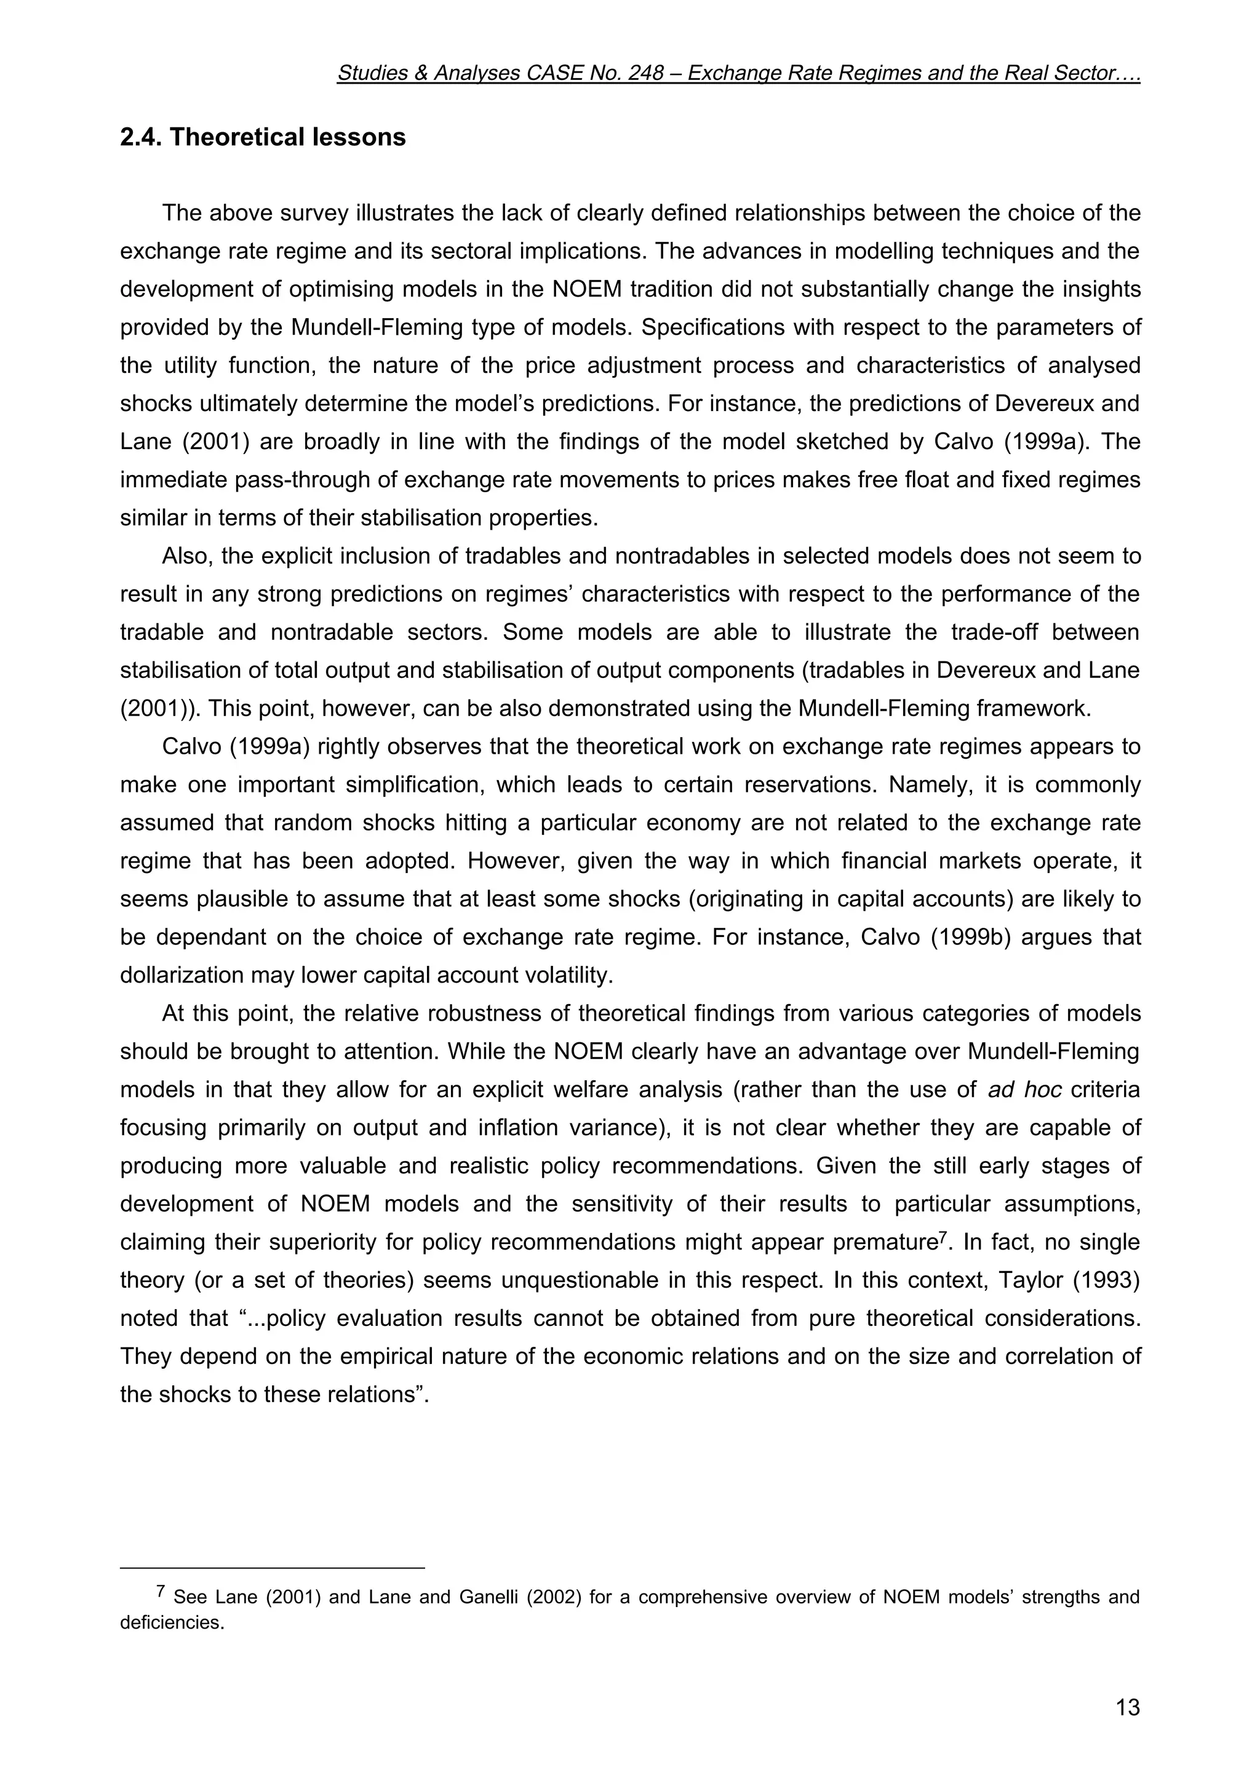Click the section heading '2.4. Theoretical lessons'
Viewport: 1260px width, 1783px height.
click(x=263, y=137)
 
